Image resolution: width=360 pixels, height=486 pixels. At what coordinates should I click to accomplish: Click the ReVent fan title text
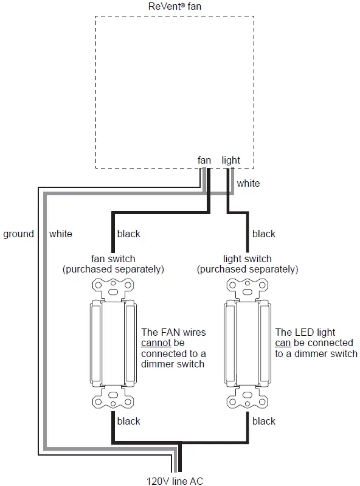click(x=175, y=6)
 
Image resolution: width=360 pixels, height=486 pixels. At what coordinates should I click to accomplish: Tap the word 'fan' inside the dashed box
click(x=204, y=161)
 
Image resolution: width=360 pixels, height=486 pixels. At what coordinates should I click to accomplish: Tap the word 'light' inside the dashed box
click(x=231, y=161)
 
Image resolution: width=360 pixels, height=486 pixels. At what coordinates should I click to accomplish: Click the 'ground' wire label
click(x=18, y=234)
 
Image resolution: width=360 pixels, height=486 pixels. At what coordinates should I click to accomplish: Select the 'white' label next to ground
click(x=61, y=234)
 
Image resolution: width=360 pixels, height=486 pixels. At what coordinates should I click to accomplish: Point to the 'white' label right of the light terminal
click(x=248, y=183)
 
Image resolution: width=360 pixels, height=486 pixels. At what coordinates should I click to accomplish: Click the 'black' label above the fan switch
click(x=128, y=234)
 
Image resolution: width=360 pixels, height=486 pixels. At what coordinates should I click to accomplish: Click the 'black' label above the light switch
click(x=264, y=234)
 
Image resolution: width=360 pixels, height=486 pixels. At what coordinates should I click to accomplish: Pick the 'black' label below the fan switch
click(x=128, y=421)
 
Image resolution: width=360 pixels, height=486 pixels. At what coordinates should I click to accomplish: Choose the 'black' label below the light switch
click(x=264, y=421)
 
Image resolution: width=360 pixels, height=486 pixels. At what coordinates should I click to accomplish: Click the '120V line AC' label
click(x=175, y=481)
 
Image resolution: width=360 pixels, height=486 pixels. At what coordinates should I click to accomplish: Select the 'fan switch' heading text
click(x=113, y=259)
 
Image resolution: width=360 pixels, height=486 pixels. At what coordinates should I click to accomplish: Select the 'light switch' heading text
click(x=247, y=259)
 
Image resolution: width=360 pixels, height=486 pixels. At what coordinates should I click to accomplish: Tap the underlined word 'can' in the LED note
click(x=283, y=343)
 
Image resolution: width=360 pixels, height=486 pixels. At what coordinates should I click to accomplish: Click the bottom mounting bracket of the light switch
click(x=247, y=400)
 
